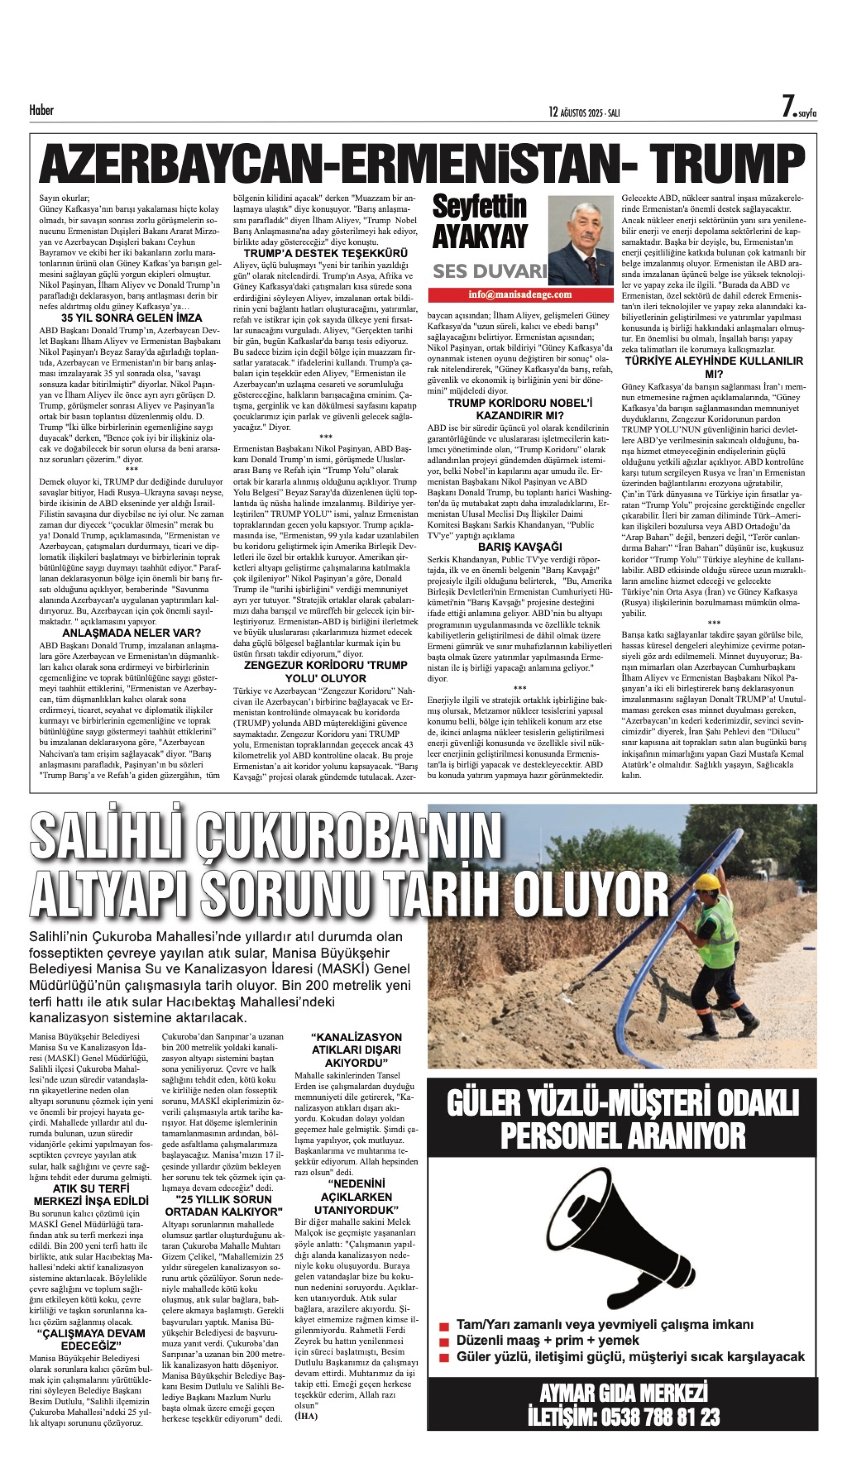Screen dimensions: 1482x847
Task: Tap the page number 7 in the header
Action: point(788,107)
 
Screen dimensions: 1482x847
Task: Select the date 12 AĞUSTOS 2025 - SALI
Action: point(584,112)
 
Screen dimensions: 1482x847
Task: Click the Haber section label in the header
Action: point(41,110)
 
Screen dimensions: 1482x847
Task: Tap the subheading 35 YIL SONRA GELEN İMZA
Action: point(132,318)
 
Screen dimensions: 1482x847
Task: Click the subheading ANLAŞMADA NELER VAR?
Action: point(132,633)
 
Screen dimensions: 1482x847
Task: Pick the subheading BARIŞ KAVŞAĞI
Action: point(519,547)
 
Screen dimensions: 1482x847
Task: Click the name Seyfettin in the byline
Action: point(479,207)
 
